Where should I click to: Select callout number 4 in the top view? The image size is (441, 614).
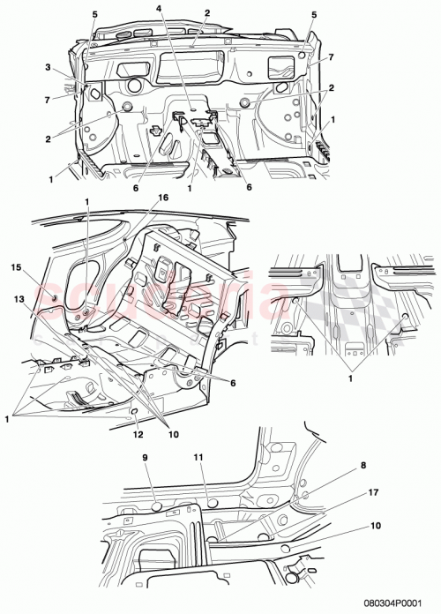[x=160, y=8]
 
